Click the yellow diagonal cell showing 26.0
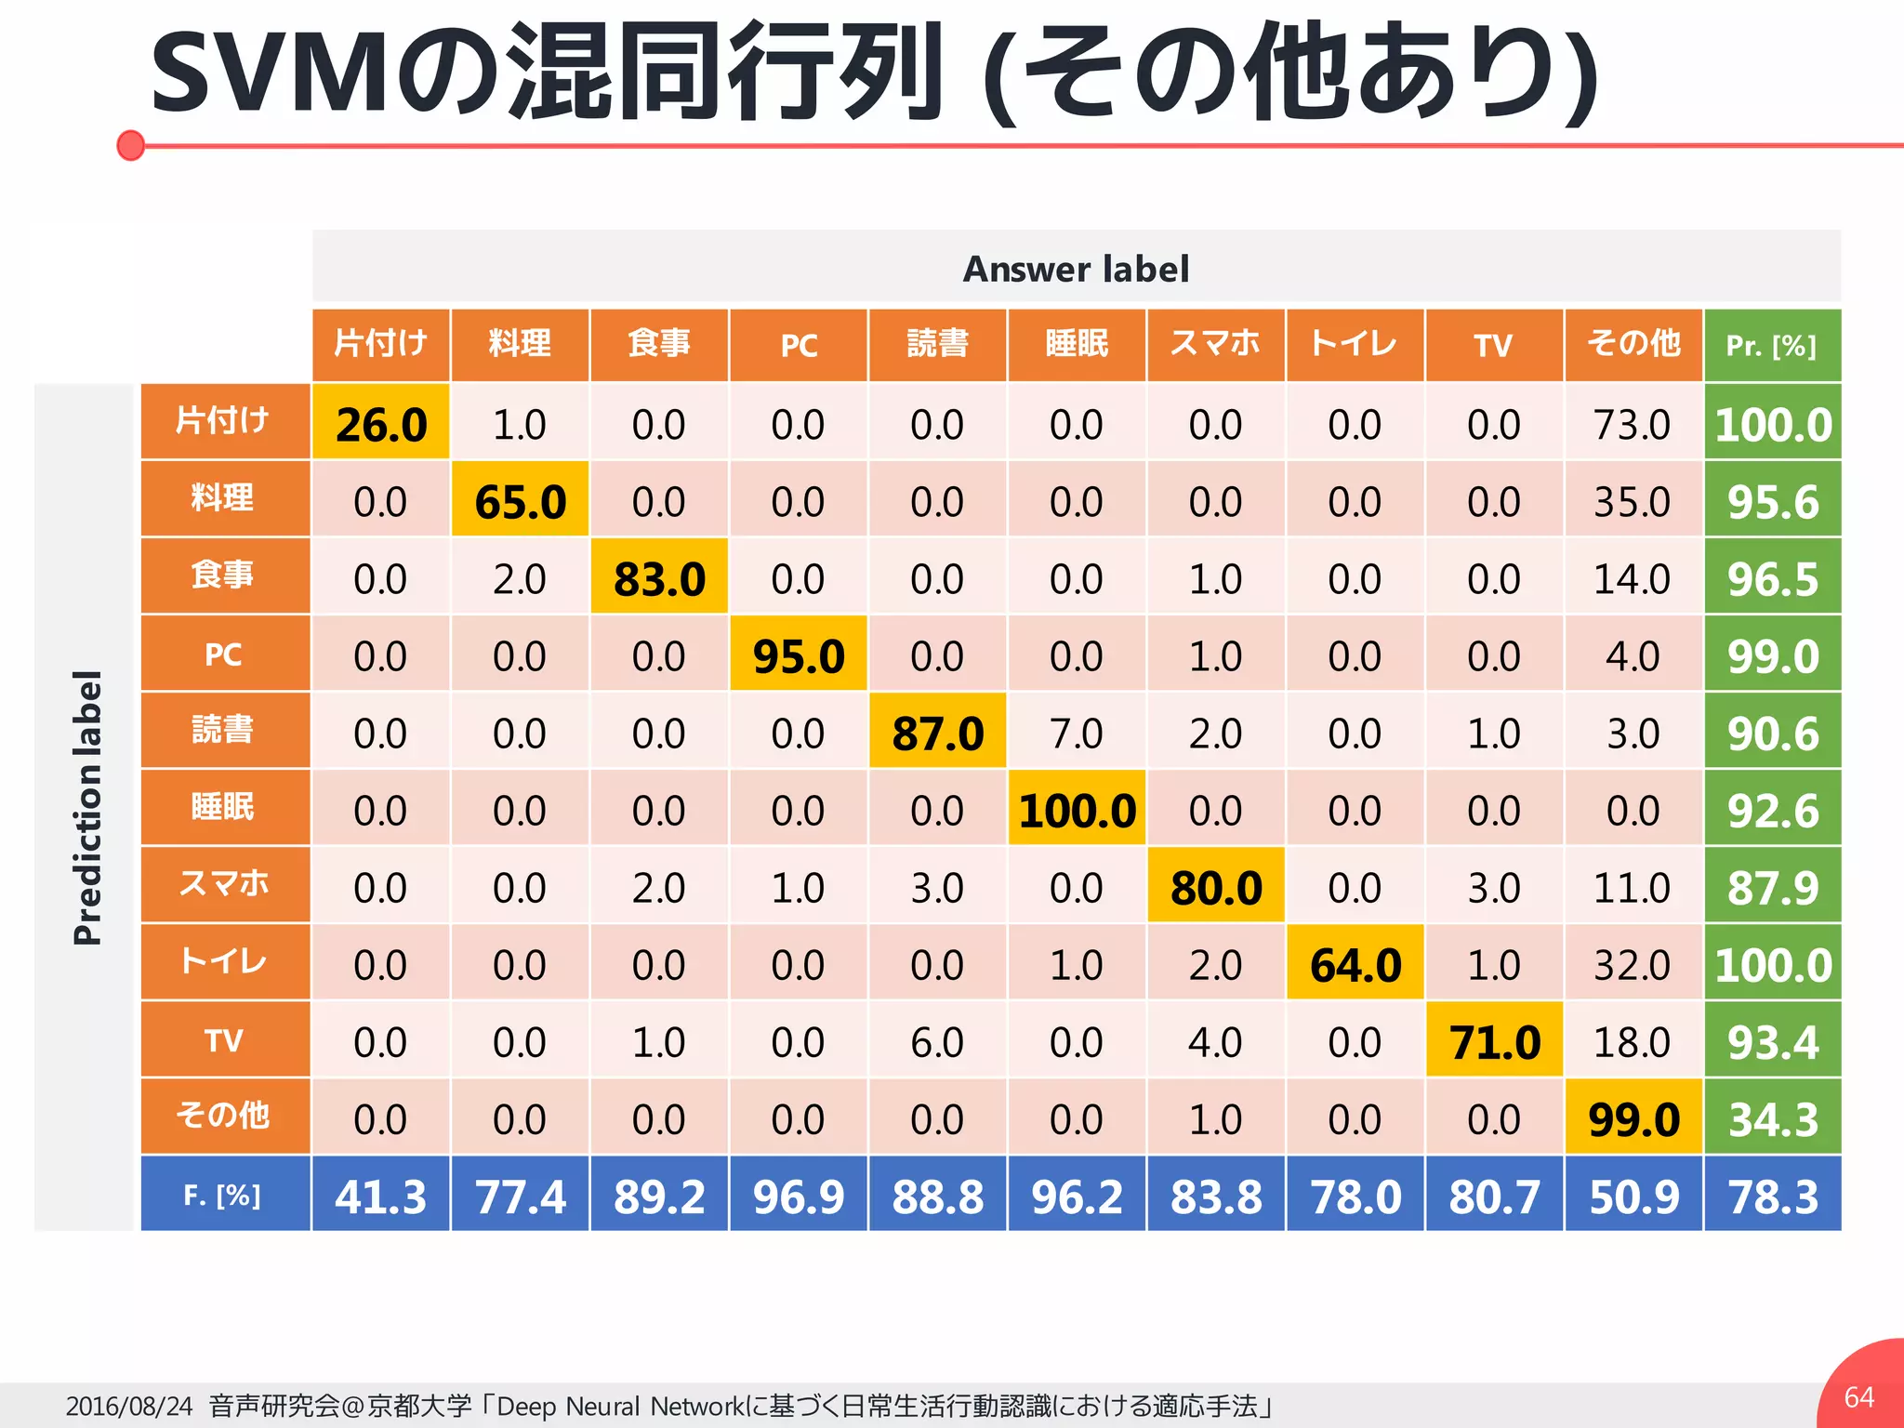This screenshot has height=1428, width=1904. [381, 424]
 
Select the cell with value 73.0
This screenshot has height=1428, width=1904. [1633, 424]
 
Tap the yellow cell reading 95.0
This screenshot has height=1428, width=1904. [799, 655]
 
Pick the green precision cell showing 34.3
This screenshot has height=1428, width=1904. [1772, 1118]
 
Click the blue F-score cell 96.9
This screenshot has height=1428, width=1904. [799, 1196]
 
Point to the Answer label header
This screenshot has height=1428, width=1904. [1076, 270]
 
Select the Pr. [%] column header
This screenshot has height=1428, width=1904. [1771, 346]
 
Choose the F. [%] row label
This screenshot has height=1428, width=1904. [223, 1195]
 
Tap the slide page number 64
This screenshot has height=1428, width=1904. [1858, 1396]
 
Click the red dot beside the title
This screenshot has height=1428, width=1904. [131, 145]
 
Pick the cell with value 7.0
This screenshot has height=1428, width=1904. [1076, 733]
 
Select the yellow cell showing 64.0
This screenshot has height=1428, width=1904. [1355, 964]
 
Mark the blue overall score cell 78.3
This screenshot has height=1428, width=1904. [1772, 1196]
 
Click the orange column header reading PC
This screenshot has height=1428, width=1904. [799, 346]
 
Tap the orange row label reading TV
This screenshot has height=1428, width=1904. [224, 1039]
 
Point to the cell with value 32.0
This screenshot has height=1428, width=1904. [1633, 964]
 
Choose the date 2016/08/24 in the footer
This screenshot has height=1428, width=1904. [129, 1406]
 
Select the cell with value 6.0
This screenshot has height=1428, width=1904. [937, 1041]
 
